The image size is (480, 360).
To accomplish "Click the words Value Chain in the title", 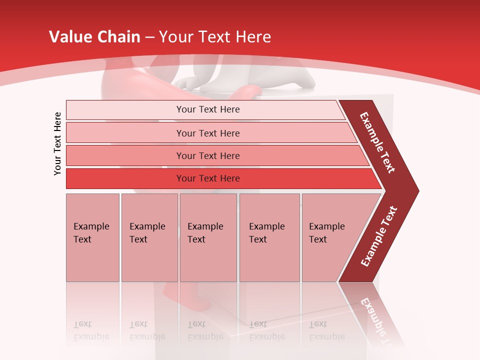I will (x=95, y=37).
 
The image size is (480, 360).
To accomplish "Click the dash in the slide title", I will (x=149, y=37).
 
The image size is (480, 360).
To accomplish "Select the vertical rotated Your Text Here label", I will (x=57, y=143).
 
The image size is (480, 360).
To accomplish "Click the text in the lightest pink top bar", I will (x=208, y=109).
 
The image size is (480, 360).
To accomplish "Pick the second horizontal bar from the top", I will (x=208, y=133).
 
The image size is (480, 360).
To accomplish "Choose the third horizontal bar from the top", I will (x=208, y=155).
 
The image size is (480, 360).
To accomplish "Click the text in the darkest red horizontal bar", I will (x=208, y=178).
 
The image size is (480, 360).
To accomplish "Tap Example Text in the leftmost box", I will (x=91, y=233).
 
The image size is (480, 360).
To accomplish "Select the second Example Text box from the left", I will (x=147, y=233).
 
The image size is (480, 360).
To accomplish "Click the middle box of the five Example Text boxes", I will (x=205, y=233).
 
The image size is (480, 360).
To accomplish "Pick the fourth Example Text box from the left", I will (x=266, y=233).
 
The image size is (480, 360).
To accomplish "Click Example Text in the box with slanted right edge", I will (x=326, y=233).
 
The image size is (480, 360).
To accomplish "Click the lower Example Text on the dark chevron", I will (x=379, y=236).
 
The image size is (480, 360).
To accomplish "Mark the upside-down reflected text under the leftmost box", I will (x=91, y=330).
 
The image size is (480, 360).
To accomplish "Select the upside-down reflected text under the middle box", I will (x=205, y=330).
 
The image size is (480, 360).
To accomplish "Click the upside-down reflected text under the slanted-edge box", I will (x=326, y=330).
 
